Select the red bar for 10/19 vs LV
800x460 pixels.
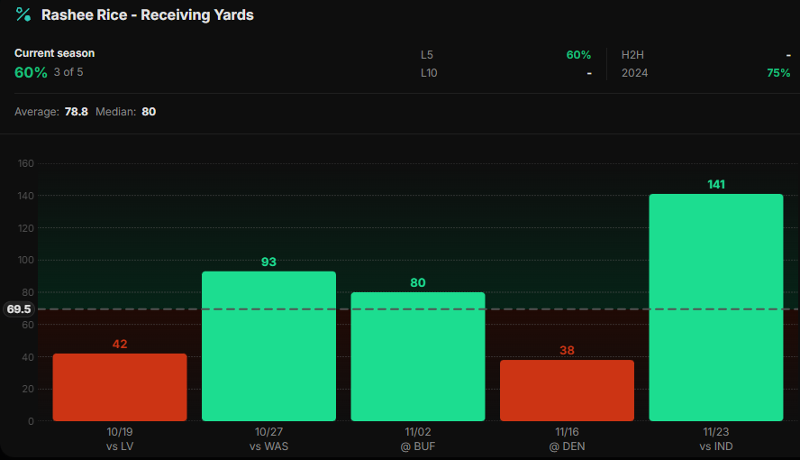pyautogui.click(x=120, y=387)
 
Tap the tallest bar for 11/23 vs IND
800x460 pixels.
pyautogui.click(x=716, y=307)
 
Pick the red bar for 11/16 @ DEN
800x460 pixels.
pyautogui.click(x=567, y=390)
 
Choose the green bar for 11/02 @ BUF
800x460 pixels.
pyautogui.click(x=418, y=356)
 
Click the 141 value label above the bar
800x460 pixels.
pyautogui.click(x=716, y=184)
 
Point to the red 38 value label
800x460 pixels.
pyautogui.click(x=567, y=350)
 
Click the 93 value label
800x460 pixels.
pyautogui.click(x=268, y=262)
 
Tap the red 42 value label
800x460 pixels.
pyautogui.click(x=120, y=344)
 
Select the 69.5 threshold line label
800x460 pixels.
pyautogui.click(x=19, y=309)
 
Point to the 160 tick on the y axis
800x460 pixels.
pyautogui.click(x=25, y=163)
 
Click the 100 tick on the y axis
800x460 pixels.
pyautogui.click(x=25, y=260)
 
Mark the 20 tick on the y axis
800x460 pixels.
pyautogui.click(x=28, y=389)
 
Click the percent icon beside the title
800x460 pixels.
pyautogui.click(x=23, y=14)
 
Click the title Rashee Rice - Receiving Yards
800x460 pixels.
pyautogui.click(x=147, y=15)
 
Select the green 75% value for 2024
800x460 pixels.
pyautogui.click(x=778, y=73)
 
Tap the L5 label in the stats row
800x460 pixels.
pyautogui.click(x=427, y=55)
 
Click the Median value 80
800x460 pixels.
pyautogui.click(x=149, y=112)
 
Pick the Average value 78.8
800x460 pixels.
pyautogui.click(x=76, y=112)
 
